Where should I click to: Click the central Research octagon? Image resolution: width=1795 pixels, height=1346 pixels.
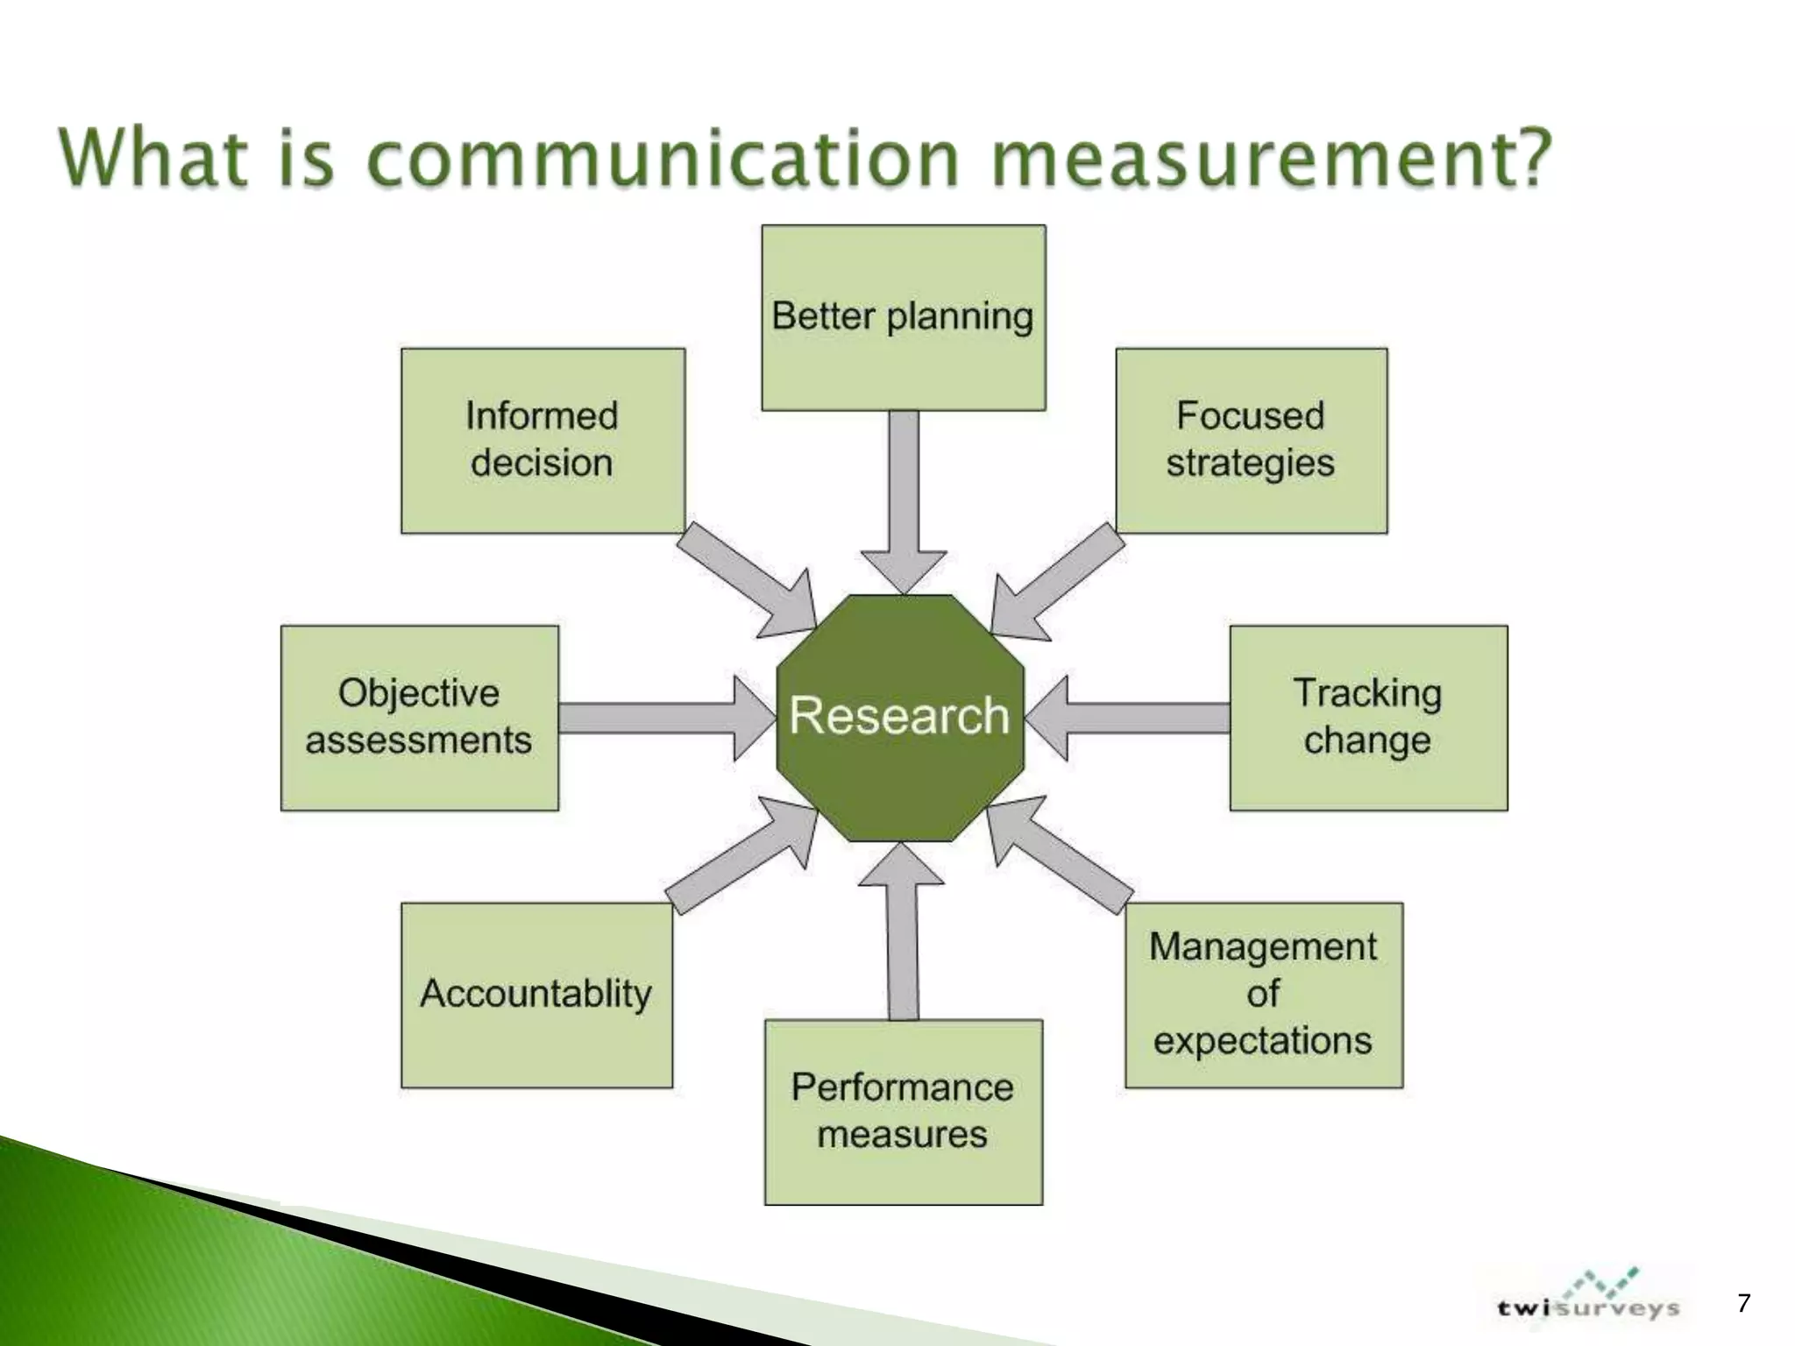900,717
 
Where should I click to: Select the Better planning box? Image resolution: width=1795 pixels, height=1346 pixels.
903,317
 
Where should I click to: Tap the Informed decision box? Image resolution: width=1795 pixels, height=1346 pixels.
543,440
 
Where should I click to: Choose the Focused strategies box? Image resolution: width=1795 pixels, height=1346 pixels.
1251,440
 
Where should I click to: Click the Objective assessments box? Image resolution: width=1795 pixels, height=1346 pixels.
419,717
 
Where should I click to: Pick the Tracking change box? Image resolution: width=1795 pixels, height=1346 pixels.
1368,717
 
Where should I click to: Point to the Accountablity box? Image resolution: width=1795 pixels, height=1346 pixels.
536,995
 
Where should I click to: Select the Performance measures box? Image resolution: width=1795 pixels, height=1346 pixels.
903,1111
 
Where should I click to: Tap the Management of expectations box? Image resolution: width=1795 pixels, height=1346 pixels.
1263,995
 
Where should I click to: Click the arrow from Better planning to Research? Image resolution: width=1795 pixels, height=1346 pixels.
904,499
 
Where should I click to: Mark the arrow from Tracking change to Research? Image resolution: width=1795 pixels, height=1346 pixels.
1131,718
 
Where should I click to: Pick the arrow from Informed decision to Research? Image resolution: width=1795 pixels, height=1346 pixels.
745,578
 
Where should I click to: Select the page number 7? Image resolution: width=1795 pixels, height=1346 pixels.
1743,1303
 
